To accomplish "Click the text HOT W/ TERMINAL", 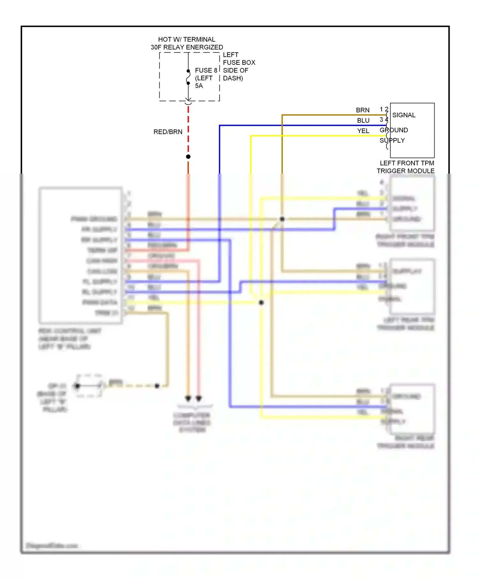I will [x=186, y=40].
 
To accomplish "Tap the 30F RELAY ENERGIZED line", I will [x=186, y=47].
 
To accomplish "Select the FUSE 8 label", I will [x=206, y=70].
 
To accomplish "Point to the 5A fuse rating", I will [x=199, y=86].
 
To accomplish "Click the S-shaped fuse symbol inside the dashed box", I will [x=188, y=77].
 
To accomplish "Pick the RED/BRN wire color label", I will [x=168, y=132].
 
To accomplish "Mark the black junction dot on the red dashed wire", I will [x=188, y=157].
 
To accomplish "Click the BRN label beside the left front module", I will [x=362, y=110].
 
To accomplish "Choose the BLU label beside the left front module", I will [x=363, y=121].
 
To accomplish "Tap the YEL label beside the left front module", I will [x=363, y=131].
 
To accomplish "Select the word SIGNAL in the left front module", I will [x=404, y=115].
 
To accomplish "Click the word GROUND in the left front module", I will [x=394, y=130].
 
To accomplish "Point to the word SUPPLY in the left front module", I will [x=392, y=140].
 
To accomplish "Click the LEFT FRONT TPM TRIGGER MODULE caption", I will [x=406, y=167].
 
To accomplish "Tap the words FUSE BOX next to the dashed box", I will [x=239, y=63].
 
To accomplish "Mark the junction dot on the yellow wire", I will [x=261, y=303].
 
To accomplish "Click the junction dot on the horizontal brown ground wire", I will [x=282, y=219].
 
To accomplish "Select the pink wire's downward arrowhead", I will [x=199, y=398].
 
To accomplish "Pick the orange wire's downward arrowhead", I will [x=188, y=398].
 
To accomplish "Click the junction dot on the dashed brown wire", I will [x=157, y=386].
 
